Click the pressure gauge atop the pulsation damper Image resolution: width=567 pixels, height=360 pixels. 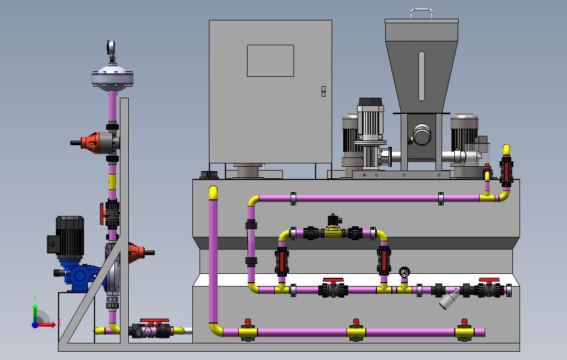pyautogui.click(x=111, y=47)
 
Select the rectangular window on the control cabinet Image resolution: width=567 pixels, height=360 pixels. pyautogui.click(x=270, y=61)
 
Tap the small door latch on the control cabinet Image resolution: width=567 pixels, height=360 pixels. pyautogui.click(x=323, y=91)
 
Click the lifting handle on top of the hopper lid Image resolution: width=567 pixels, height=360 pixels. pyautogui.click(x=422, y=13)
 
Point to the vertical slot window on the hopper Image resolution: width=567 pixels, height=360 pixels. pyautogui.click(x=421, y=76)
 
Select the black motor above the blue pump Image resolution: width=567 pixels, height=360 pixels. pyautogui.click(x=66, y=236)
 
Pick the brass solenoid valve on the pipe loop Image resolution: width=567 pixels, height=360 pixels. pyautogui.click(x=333, y=226)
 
